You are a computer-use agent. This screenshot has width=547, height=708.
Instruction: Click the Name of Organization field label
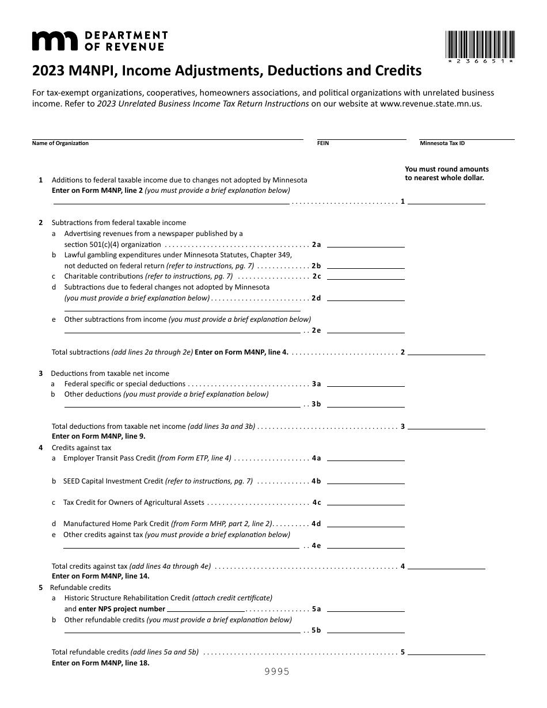[x=60, y=143]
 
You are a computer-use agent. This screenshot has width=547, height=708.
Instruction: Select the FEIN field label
[x=323, y=143]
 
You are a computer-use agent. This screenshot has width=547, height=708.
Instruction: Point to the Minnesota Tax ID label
[x=442, y=143]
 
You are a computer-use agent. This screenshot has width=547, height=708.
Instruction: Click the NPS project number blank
[x=206, y=608]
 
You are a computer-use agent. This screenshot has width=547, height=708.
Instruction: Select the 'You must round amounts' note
[x=446, y=173]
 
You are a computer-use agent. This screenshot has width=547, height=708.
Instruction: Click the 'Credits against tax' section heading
[x=81, y=447]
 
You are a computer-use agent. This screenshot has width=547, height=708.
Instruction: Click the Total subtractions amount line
[x=447, y=352]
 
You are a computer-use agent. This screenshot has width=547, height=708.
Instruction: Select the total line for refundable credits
[x=447, y=652]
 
